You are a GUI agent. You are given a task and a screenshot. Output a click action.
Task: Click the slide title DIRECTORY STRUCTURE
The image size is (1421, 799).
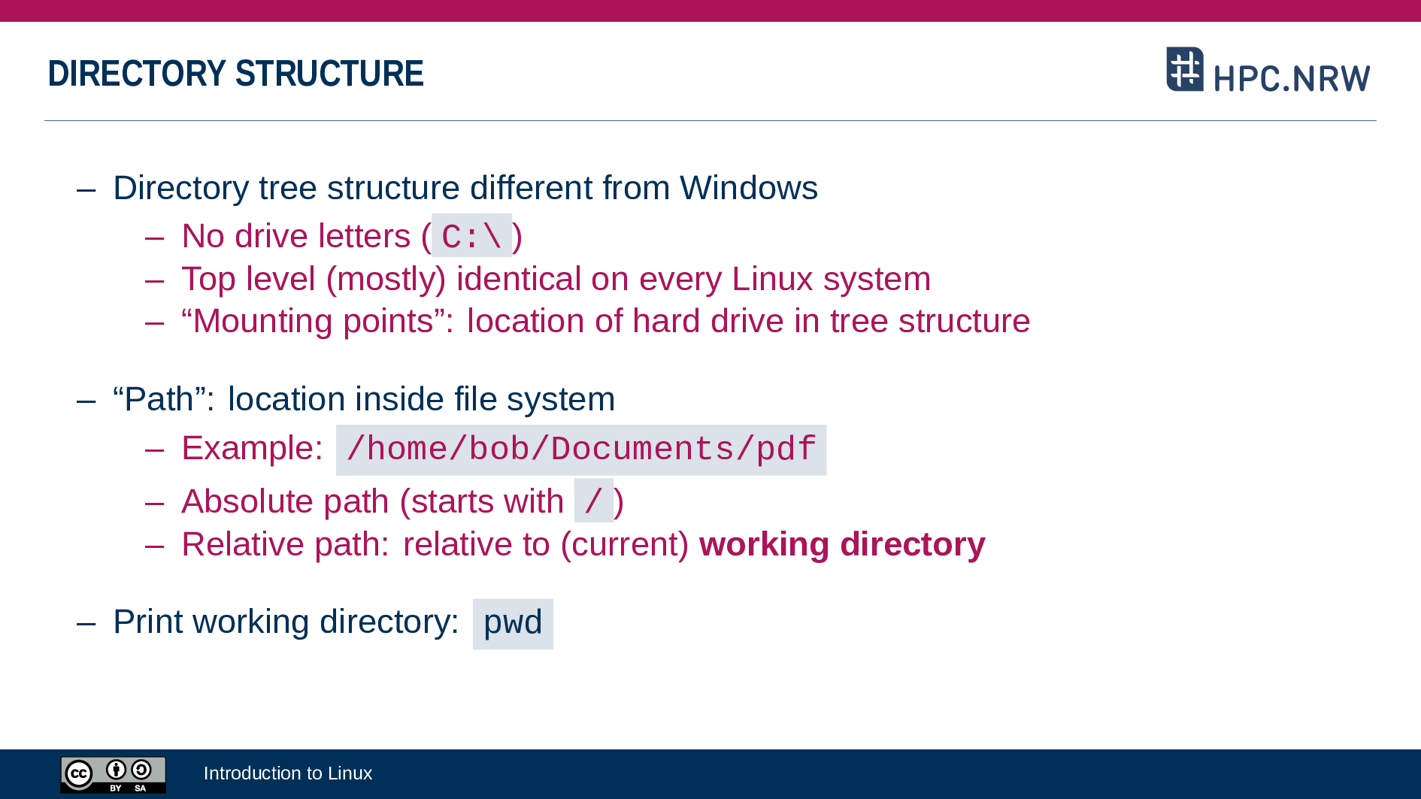pyautogui.click(x=235, y=74)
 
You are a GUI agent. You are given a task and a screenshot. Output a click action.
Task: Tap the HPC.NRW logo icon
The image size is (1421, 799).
pyautogui.click(x=1184, y=69)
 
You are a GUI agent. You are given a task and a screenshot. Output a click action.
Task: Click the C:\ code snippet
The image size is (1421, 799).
pyautogui.click(x=471, y=237)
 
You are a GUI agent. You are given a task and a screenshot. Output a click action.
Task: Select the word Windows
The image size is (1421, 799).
pyautogui.click(x=748, y=188)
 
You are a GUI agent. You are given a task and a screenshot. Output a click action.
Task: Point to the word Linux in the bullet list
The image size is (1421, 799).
pyautogui.click(x=772, y=279)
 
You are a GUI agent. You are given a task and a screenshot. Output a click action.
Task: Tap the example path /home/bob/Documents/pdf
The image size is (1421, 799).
pyautogui.click(x=580, y=449)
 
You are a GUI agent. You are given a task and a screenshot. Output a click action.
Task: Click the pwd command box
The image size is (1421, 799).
pyautogui.click(x=513, y=623)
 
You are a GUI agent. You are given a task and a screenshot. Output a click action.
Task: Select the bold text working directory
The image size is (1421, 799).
pyautogui.click(x=841, y=544)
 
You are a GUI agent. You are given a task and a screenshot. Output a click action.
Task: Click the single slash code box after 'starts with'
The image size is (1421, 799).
pyautogui.click(x=593, y=501)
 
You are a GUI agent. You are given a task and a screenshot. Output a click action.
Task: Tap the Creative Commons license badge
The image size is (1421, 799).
pyautogui.click(x=113, y=774)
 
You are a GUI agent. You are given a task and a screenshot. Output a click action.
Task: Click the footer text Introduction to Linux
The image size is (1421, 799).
pyautogui.click(x=287, y=773)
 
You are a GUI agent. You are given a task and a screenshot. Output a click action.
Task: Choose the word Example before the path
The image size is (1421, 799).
pyautogui.click(x=251, y=448)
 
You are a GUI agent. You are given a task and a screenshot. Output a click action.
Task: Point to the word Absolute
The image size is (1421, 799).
pyautogui.click(x=247, y=501)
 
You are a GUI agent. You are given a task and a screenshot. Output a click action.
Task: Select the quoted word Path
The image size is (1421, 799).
pyautogui.click(x=160, y=399)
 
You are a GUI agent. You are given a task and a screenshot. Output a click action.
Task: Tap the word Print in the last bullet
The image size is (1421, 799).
pyautogui.click(x=148, y=622)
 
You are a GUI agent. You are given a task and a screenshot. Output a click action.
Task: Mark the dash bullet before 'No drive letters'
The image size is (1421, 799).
pyautogui.click(x=154, y=238)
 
